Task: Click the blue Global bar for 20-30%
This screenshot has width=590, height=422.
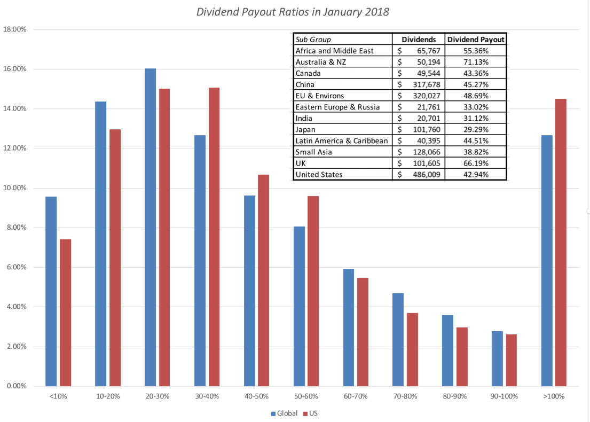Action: (150, 227)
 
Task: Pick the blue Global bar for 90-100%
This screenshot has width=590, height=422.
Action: (497, 358)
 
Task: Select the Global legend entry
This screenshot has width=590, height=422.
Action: (284, 413)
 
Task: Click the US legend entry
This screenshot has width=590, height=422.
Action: (310, 413)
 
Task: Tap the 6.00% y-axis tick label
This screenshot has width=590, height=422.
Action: (17, 267)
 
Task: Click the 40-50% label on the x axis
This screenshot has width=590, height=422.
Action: (256, 397)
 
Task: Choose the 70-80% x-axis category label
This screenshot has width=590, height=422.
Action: (405, 397)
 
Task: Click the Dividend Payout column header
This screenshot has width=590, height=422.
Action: (475, 40)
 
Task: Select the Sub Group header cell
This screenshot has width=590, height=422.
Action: (313, 40)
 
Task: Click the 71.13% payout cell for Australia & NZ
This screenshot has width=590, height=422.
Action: (475, 62)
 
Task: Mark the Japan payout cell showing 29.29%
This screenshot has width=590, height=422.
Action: (475, 129)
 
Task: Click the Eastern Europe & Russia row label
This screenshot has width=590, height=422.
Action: (337, 107)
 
